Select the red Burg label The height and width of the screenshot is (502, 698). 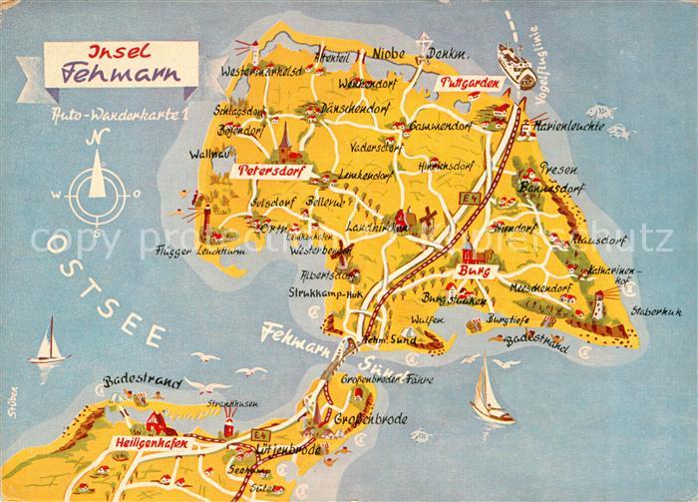click(471, 270)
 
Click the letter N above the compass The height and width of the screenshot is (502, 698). click(96, 139)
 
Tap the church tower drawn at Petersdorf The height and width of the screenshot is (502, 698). click(282, 140)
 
